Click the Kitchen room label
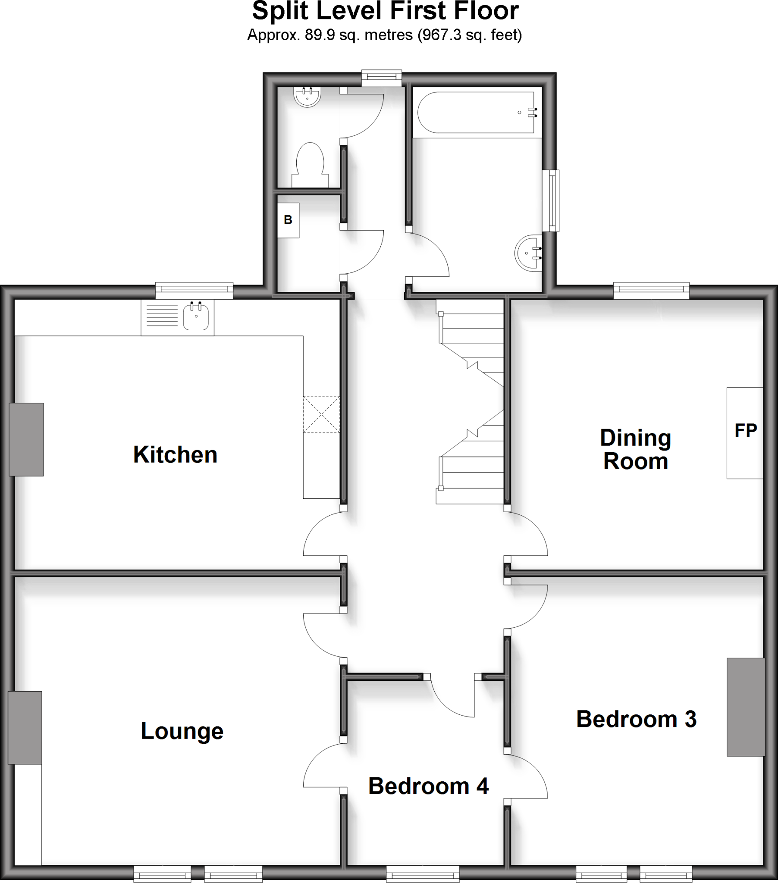point(175,455)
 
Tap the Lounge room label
point(182,731)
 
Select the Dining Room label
point(635,449)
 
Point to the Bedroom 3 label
point(636,719)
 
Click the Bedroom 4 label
point(428,786)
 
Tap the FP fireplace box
point(745,432)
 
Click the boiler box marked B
point(288,220)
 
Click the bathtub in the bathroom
point(476,113)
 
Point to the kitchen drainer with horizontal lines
point(162,317)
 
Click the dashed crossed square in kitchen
point(321,414)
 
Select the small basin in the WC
point(307,96)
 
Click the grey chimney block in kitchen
point(26,439)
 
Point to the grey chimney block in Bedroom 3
point(746,707)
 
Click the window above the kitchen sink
point(194,290)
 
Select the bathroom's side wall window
point(551,200)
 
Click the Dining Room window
point(651,290)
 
